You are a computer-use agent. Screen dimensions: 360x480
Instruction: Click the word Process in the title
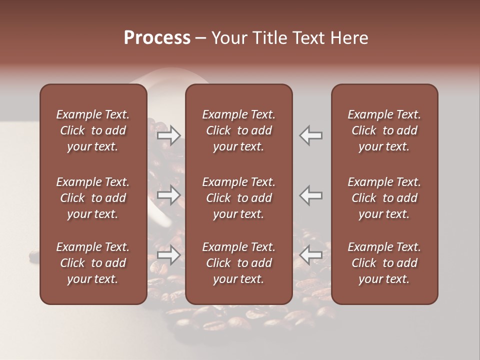[157, 38]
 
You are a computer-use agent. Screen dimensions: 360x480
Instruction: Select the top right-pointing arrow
[168, 135]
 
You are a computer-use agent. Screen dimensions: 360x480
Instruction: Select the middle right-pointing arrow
[168, 195]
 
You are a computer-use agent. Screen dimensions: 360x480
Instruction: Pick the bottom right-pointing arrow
[168, 255]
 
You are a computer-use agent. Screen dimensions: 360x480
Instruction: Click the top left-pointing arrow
[311, 135]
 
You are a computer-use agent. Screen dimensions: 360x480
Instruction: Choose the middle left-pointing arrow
[311, 195]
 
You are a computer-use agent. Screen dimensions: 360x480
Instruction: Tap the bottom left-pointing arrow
[311, 255]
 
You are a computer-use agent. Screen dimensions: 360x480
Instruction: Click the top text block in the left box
[93, 130]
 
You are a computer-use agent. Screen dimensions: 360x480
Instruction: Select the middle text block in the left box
[93, 198]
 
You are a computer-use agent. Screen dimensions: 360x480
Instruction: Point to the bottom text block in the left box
[93, 263]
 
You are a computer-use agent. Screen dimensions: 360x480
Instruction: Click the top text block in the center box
[238, 130]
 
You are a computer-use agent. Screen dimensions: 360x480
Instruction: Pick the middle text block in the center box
[238, 198]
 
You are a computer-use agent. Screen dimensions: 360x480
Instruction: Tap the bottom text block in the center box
[238, 263]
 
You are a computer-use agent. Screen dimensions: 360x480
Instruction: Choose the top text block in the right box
[384, 130]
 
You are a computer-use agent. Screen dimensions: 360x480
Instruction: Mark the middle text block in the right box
[384, 198]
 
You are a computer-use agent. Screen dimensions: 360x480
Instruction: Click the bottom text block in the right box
[384, 263]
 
